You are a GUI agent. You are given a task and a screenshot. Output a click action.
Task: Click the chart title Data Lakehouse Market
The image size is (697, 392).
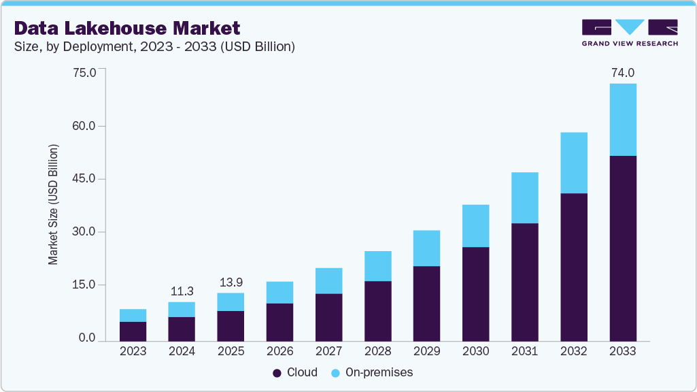coord(127,28)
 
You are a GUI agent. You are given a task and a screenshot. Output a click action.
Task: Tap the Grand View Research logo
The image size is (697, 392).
coord(630,32)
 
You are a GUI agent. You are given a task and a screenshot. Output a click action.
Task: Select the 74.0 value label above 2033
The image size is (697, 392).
coord(623,72)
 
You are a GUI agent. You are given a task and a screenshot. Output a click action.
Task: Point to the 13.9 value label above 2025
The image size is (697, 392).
coord(231,281)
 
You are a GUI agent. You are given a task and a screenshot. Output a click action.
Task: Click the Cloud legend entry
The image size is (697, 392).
coord(295,372)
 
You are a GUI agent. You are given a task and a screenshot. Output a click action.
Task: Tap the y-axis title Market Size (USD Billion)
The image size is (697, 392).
coord(53,205)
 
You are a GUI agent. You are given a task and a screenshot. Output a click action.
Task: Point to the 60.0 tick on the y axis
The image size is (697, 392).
coord(84,126)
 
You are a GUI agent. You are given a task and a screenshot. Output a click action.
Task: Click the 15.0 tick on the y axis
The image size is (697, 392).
coord(84,285)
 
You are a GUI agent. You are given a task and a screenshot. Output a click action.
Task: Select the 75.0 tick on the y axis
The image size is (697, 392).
coord(84,73)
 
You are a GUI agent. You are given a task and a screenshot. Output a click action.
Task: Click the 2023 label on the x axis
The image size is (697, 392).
coord(133,352)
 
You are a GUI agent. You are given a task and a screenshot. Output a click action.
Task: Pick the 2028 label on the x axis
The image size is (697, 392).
coord(377,352)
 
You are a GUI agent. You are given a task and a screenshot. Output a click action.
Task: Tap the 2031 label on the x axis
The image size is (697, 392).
coord(524,352)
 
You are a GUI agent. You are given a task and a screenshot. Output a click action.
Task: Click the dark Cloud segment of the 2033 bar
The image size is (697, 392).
coord(623,248)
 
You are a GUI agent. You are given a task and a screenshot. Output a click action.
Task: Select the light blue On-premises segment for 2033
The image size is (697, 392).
coord(623,120)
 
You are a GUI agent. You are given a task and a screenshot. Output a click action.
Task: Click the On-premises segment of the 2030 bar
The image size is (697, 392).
coord(475,226)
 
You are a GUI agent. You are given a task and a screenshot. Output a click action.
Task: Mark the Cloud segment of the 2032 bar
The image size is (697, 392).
coord(574,267)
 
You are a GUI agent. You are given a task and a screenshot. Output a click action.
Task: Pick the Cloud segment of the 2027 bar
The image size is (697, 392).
coord(328,317)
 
